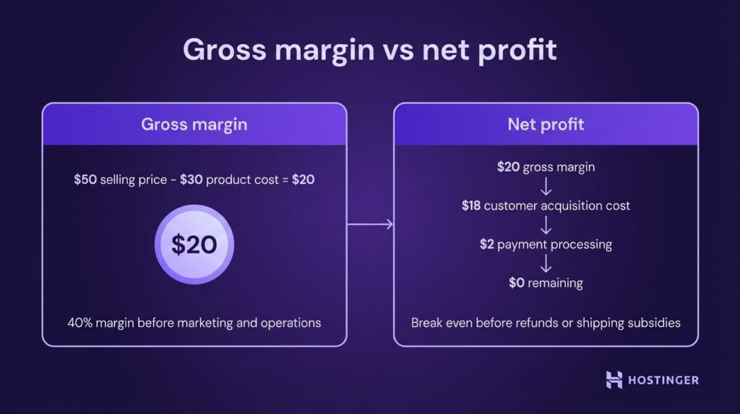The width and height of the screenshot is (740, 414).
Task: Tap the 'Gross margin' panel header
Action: tap(194, 124)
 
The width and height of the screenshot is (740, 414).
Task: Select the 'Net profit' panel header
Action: tap(546, 124)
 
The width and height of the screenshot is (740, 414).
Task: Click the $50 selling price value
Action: tap(85, 179)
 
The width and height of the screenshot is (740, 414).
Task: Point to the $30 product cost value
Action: tap(191, 179)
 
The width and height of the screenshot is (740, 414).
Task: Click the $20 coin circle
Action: tap(194, 245)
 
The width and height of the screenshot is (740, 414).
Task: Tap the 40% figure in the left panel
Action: tap(81, 323)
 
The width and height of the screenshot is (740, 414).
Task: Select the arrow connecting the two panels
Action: tap(370, 225)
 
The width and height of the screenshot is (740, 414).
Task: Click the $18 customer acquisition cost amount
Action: tap(470, 206)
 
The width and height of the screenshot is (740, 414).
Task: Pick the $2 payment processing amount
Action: tap(487, 244)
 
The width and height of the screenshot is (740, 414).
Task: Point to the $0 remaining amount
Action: tap(517, 282)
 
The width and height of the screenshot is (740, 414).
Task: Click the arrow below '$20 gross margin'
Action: tap(546, 187)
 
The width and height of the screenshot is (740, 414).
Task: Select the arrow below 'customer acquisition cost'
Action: tap(546, 225)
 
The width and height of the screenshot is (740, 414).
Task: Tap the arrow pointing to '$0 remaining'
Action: tap(546, 263)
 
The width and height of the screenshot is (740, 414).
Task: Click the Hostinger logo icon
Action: tap(614, 379)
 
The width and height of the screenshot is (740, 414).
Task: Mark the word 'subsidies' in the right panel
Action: tap(655, 323)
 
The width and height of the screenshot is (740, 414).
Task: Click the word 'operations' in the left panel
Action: tap(292, 323)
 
